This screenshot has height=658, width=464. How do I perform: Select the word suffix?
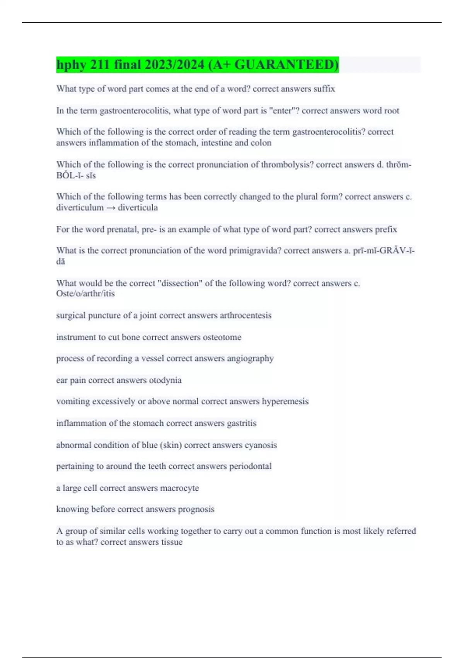[x=324, y=89]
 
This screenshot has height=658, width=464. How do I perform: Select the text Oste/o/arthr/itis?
[x=85, y=293]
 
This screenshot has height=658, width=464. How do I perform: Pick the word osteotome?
[x=222, y=337]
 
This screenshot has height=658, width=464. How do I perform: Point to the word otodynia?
[x=165, y=380]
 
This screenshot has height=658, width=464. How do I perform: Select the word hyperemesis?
[x=285, y=401]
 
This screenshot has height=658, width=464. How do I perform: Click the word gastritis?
[x=241, y=423]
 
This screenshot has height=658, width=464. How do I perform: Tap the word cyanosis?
[x=261, y=445]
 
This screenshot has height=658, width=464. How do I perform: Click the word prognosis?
[x=196, y=509]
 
